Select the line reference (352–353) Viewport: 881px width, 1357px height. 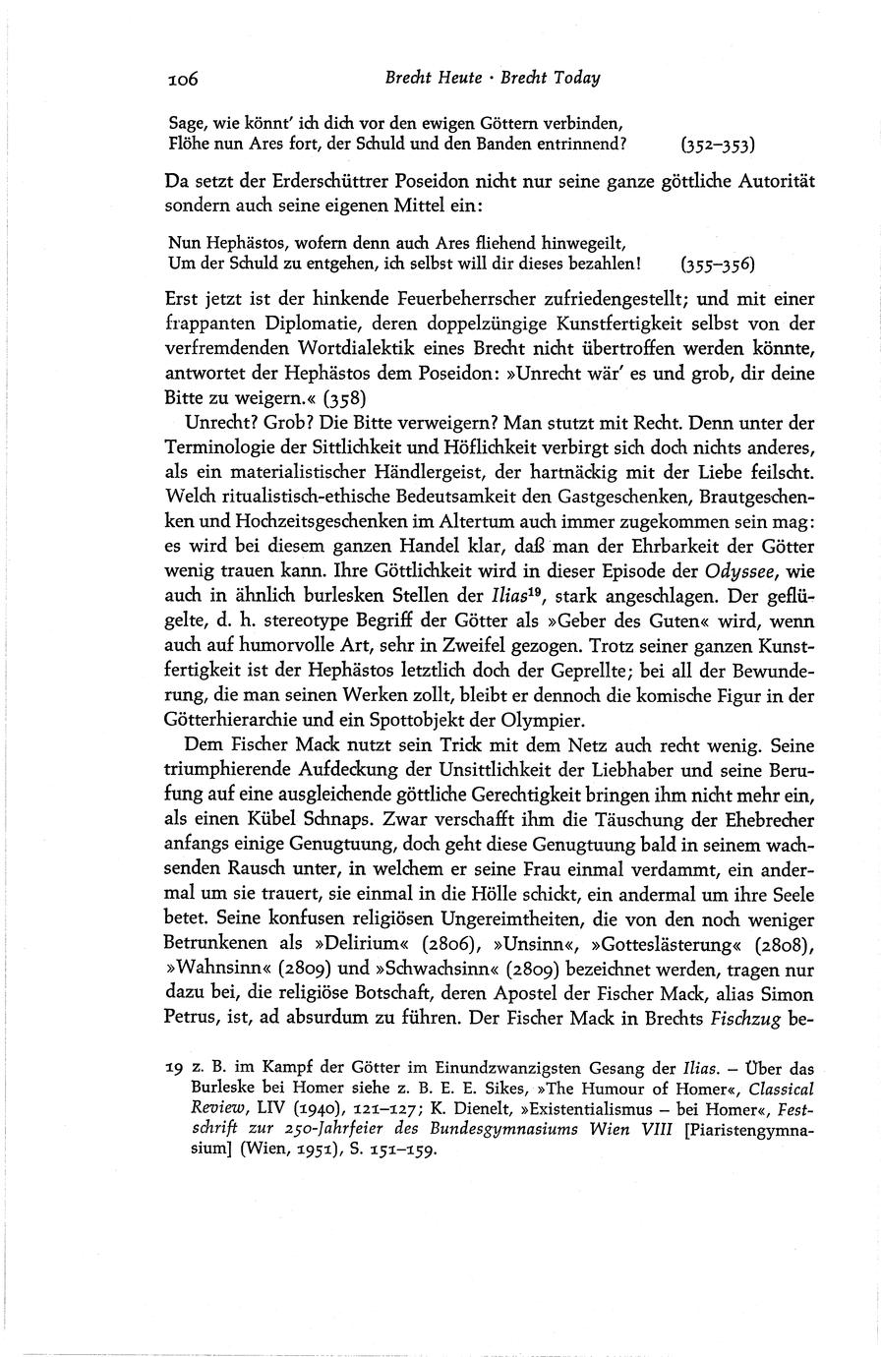click(x=718, y=146)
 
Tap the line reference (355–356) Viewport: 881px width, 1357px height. click(x=718, y=265)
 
